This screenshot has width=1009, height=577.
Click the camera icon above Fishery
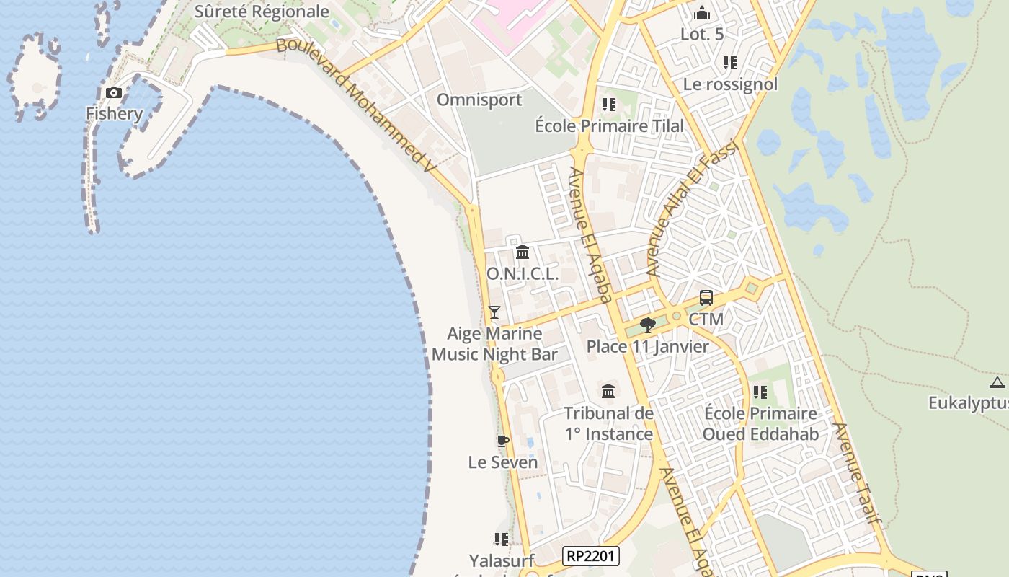coord(114,92)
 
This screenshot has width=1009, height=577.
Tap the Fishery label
coord(114,113)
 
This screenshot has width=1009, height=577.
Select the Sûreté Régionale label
coord(262,12)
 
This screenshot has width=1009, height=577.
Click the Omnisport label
coord(479,100)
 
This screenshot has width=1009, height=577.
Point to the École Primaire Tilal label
coord(609,125)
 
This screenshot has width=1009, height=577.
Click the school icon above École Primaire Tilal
coord(609,105)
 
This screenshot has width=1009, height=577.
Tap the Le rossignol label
coord(730,84)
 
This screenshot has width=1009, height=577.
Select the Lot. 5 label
coord(702,34)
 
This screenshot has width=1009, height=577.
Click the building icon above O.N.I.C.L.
coord(523,252)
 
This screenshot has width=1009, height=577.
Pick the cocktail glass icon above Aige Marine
coord(494,312)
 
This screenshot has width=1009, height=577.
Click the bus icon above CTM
coord(706,298)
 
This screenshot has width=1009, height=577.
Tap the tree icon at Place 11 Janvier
coord(647,325)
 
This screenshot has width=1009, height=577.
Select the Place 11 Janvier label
coord(647,346)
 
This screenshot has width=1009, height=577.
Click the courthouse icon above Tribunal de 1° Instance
coord(608,392)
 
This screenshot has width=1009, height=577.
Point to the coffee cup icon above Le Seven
coord(503,441)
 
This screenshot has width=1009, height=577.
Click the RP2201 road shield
coord(590,555)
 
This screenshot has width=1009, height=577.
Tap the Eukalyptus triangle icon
coord(997,382)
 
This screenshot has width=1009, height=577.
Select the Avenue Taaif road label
coord(857,472)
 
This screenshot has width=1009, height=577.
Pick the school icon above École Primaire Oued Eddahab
coord(760,392)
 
